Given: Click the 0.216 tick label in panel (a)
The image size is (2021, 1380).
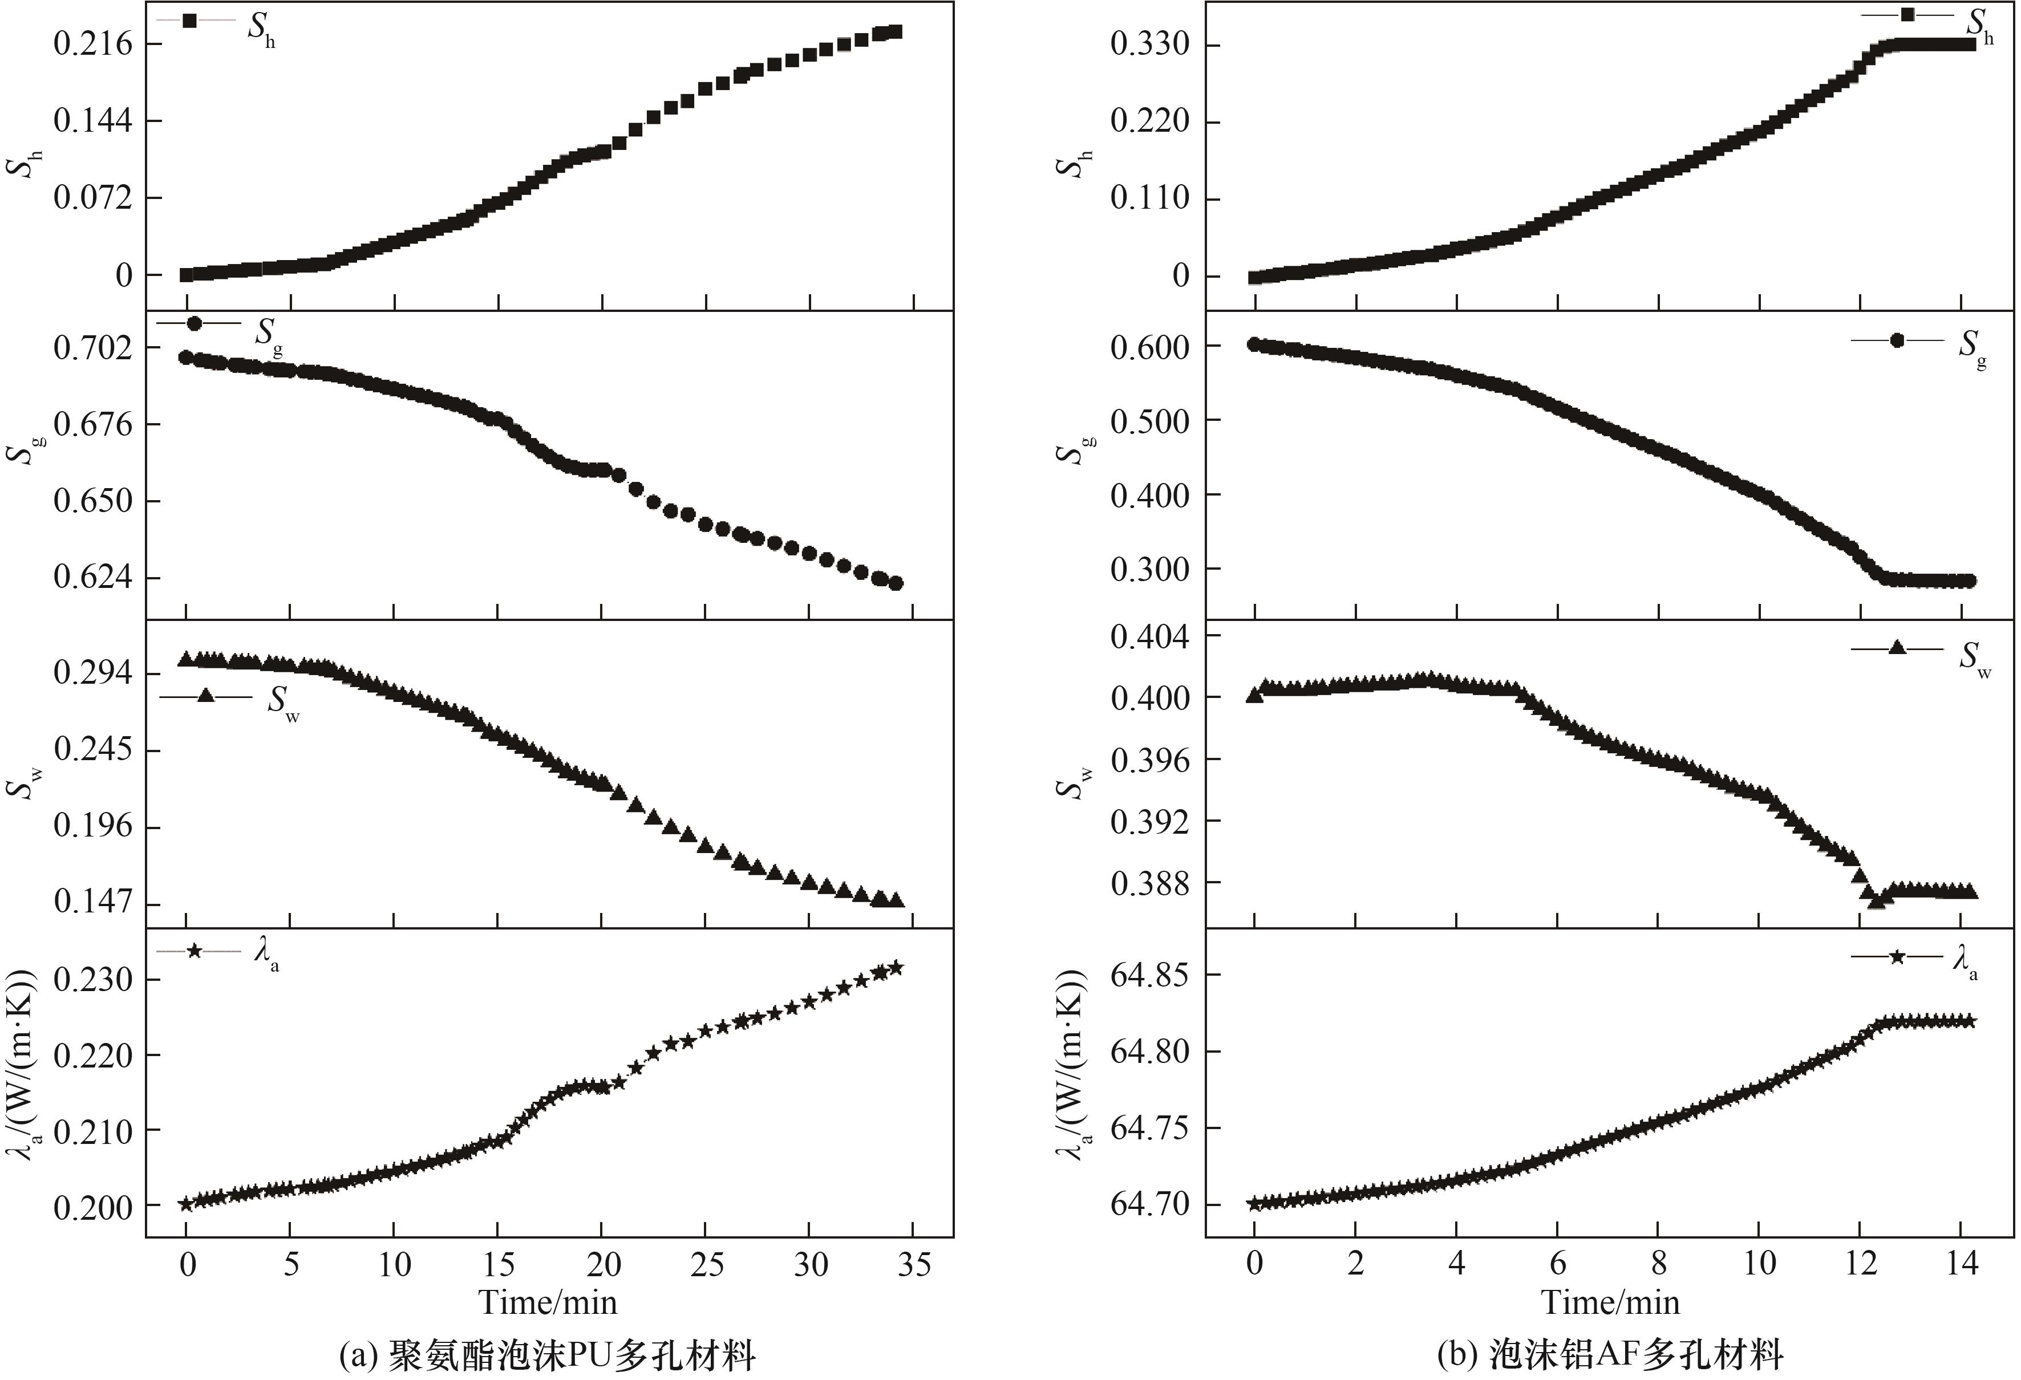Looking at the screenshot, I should coord(93,43).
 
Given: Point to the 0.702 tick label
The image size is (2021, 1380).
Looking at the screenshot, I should coord(93,348).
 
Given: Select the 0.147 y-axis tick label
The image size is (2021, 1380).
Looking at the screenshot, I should coord(93,902).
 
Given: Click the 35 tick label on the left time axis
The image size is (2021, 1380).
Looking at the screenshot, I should coord(913,1264).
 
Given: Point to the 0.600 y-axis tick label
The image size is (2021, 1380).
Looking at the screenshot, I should coord(1149,347).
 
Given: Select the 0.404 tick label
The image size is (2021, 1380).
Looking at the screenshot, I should coord(1149,638).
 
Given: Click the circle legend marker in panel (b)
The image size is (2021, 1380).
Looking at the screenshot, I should coord(1897,340).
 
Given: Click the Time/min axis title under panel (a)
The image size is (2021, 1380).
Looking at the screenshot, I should coord(548,1302).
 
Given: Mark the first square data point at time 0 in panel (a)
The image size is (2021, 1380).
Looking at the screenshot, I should coord(186,275).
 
